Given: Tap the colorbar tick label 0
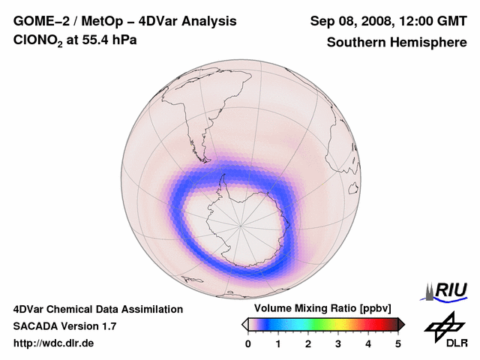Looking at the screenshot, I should click(248, 344).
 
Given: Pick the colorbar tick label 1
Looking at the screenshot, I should click(278, 344).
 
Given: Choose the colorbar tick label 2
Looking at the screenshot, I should click(308, 344).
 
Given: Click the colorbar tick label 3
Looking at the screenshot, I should click(338, 344).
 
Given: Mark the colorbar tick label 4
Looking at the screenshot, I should click(368, 344).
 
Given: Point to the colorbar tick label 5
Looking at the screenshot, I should click(398, 344).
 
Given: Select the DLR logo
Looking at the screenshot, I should click(445, 330).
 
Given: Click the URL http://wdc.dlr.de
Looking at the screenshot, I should click(54, 344).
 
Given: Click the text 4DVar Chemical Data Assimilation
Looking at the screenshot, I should click(97, 309).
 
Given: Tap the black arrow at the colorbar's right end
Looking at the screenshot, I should click(401, 324).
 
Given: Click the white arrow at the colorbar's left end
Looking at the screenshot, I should click(244, 324).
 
